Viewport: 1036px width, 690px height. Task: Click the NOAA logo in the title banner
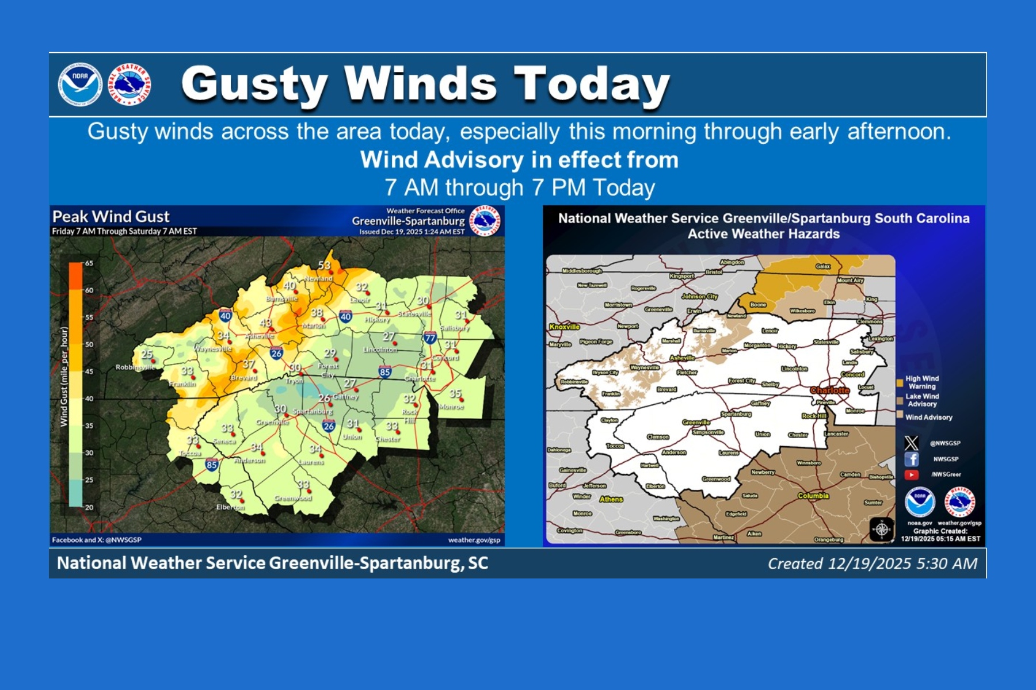pos(80,85)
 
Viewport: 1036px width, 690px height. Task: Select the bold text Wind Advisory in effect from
pos(519,160)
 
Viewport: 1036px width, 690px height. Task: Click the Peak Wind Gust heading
pos(111,217)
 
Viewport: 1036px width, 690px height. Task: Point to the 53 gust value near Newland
pos(325,265)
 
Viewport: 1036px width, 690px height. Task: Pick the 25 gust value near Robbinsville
pos(147,355)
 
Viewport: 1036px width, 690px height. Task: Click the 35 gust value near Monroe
pos(455,394)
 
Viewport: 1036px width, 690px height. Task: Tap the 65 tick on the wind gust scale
pos(89,263)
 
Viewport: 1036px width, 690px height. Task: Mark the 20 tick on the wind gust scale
pos(89,507)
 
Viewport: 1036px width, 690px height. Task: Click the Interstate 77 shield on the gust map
pos(429,338)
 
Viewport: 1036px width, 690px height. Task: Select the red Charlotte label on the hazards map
pos(829,390)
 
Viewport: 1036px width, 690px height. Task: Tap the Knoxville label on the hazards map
pos(565,327)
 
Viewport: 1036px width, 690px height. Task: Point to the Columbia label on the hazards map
pos(813,496)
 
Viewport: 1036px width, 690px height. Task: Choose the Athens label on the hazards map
pos(611,499)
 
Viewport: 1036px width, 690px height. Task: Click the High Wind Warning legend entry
pos(921,382)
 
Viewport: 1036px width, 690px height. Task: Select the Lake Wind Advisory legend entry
pos(921,400)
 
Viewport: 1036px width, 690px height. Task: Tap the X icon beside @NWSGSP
pos(911,443)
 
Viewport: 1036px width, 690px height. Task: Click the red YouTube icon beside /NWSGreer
pos(911,475)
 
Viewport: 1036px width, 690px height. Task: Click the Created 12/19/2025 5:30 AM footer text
pos(872,563)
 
